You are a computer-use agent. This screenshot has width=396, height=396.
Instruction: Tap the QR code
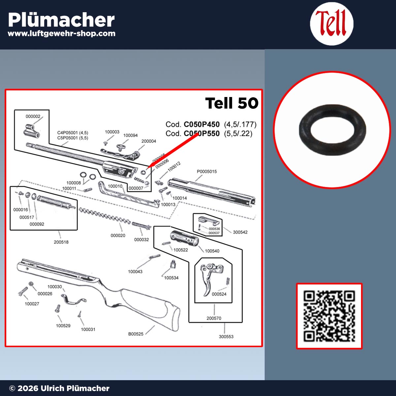click(x=329, y=316)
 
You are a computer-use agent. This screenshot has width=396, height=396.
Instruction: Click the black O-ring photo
click(x=332, y=130)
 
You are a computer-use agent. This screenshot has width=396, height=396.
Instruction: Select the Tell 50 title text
click(x=232, y=103)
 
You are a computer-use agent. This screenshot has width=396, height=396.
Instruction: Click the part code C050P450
click(x=201, y=124)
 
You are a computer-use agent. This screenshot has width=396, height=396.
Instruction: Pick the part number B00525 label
click(x=136, y=334)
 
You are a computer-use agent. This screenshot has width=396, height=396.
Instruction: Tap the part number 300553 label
click(x=226, y=337)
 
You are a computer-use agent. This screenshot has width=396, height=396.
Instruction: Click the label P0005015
click(x=207, y=172)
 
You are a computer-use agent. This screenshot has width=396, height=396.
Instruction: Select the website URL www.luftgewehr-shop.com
click(x=61, y=33)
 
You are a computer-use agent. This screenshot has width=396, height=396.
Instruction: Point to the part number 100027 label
click(x=32, y=304)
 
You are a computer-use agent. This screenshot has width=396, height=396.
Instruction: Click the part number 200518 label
click(x=61, y=242)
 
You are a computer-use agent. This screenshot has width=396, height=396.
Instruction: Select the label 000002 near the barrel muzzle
click(x=33, y=116)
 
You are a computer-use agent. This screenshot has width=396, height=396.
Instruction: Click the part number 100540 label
click(x=212, y=251)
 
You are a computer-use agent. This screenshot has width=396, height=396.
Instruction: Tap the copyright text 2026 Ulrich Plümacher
click(x=59, y=388)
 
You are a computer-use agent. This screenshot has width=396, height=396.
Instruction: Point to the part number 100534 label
click(x=171, y=278)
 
